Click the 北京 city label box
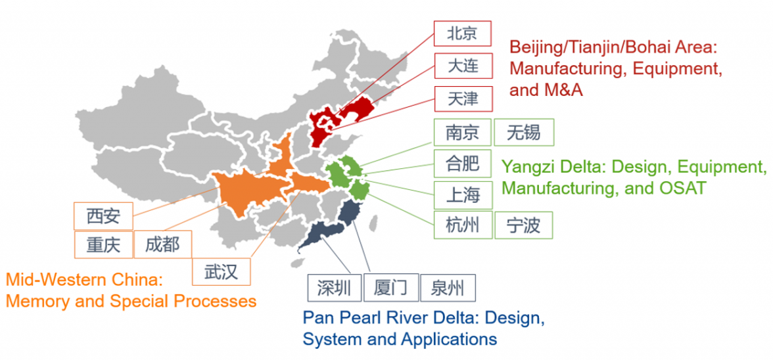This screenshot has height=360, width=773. (462, 34)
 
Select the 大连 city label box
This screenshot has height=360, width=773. (462, 66)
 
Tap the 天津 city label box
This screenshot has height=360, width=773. (462, 99)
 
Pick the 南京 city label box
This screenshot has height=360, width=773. (462, 133)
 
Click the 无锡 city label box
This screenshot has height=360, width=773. (524, 133)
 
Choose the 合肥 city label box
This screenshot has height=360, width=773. (462, 163)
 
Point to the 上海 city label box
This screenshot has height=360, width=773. (462, 195)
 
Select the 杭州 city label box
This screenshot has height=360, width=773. (462, 225)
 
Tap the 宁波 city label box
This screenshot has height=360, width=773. (524, 225)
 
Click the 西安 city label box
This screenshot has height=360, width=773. (103, 215)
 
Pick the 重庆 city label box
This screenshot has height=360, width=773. (103, 245)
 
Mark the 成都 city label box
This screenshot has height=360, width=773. (162, 245)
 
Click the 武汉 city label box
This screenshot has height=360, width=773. (221, 271)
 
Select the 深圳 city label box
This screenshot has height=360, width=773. (335, 288)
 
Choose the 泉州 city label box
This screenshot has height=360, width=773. (447, 288)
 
